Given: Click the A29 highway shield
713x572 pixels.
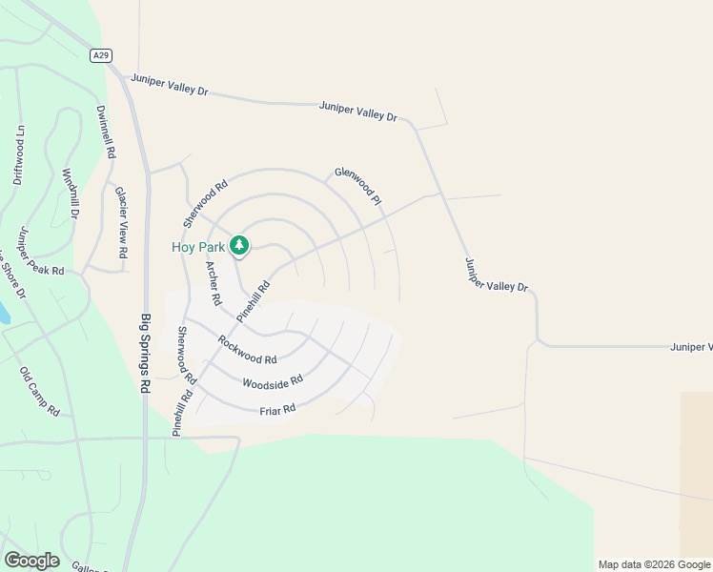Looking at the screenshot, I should point(100,56).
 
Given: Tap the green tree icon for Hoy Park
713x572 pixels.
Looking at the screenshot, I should point(239,247).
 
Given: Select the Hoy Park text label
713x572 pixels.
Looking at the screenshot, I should point(198,247).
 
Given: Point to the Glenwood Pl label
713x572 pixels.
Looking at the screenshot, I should point(357,186).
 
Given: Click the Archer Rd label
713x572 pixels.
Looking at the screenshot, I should point(213,283).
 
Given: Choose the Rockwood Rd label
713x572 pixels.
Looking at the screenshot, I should point(247,350).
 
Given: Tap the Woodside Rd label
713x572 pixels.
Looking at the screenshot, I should point(273,381).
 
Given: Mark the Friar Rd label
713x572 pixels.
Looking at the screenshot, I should point(278,409).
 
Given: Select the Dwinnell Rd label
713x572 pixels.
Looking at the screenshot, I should point(106,131).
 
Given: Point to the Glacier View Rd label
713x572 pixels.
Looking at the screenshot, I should point(121,223).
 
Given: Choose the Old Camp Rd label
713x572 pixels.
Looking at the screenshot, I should point(39,391).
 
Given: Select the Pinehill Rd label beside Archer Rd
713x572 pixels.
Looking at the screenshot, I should point(254,299).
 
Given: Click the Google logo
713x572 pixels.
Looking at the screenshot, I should point(31,561).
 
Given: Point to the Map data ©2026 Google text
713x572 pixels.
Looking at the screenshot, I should point(653,564).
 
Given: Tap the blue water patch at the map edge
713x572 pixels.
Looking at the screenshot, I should point(3,313).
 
